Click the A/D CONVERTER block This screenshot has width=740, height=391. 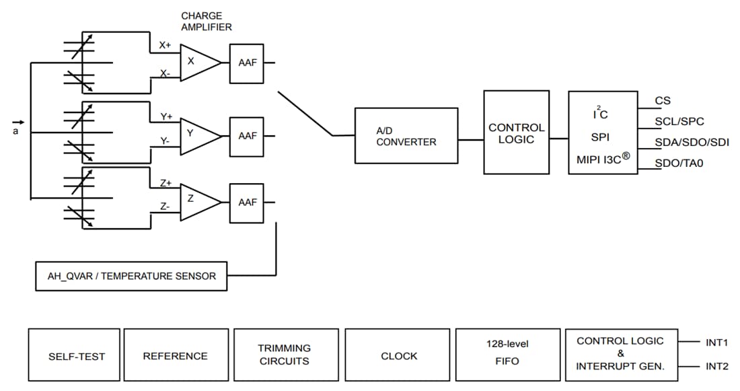click(406, 136)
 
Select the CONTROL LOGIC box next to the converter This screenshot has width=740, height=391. click(516, 132)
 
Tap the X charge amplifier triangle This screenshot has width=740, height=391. click(196, 63)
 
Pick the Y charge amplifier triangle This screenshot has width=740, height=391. click(196, 135)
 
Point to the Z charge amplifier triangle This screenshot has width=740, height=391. click(196, 201)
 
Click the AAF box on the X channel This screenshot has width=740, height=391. click(247, 63)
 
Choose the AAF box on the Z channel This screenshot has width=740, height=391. click(247, 202)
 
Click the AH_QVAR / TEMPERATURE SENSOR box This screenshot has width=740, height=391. click(131, 276)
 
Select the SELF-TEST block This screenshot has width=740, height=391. click(75, 355)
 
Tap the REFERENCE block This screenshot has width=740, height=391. click(176, 355)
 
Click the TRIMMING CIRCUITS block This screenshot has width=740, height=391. click(286, 355)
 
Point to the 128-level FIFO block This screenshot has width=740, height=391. click(507, 355)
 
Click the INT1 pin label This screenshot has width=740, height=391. click(717, 342)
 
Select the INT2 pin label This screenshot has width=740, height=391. click(717, 367)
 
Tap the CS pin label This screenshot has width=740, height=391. click(663, 101)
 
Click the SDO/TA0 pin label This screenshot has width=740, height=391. click(679, 162)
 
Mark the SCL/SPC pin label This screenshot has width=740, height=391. click(679, 121)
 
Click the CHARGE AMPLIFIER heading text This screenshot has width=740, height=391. click(207, 22)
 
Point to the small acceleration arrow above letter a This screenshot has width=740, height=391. click(18, 122)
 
